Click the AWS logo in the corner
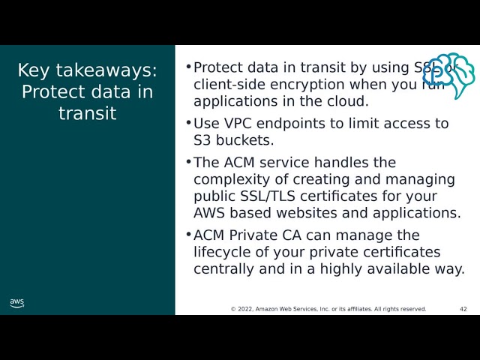(x=16, y=303)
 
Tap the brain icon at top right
(x=449, y=75)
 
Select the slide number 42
(x=463, y=309)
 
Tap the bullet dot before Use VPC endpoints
(x=188, y=122)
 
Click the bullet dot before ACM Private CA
(x=188, y=235)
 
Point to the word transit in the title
(x=88, y=113)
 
